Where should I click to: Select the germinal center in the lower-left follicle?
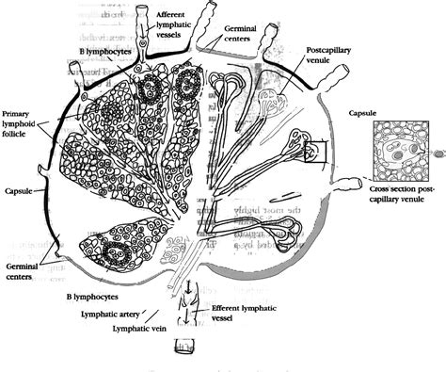pos(116,252)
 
